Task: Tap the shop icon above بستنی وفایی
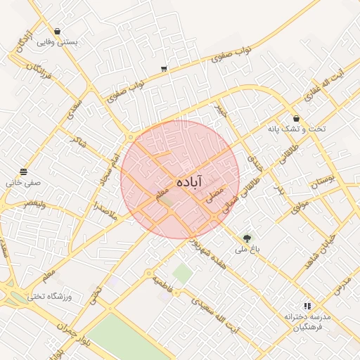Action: pyautogui.click(x=57, y=32)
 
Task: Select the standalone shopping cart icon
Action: pyautogui.click(x=164, y=69)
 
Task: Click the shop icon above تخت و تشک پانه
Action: pyautogui.click(x=296, y=119)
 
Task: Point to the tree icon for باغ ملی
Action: pyautogui.click(x=247, y=238)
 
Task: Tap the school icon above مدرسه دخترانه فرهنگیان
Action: pyautogui.click(x=307, y=306)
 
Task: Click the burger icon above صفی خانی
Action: pyautogui.click(x=24, y=172)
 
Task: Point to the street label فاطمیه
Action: pyautogui.click(x=166, y=284)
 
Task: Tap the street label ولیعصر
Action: pyautogui.click(x=35, y=203)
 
